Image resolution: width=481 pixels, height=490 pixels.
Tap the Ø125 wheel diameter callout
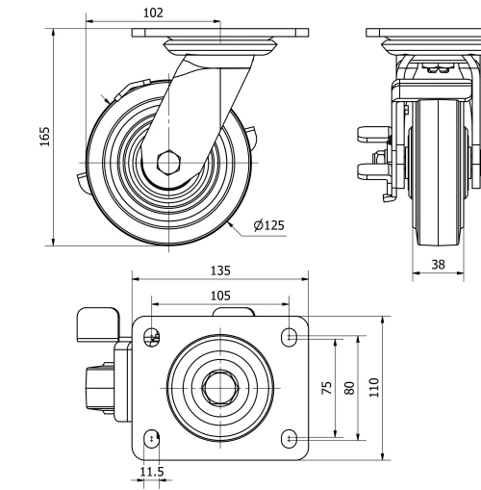point(269,225)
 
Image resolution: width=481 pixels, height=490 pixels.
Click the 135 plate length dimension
point(220,271)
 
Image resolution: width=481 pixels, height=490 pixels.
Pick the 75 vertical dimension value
point(327,387)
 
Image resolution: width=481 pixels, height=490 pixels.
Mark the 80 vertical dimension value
point(350,387)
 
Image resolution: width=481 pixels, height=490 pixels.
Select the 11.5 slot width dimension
point(151,472)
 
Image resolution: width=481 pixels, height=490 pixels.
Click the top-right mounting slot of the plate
point(290,335)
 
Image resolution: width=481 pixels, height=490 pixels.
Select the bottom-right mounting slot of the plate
point(290,438)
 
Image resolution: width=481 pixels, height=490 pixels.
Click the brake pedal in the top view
point(93,321)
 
